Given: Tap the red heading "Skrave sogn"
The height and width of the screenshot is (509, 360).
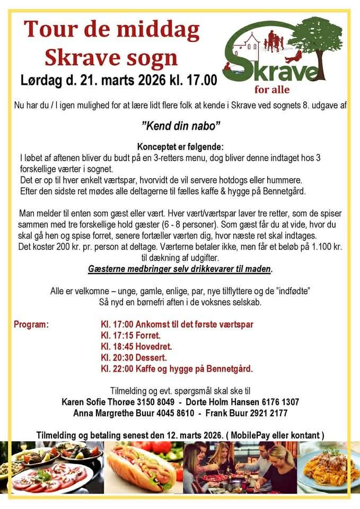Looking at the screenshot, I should tap(111, 57).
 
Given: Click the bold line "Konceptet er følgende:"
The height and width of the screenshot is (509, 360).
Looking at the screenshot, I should tap(180, 146).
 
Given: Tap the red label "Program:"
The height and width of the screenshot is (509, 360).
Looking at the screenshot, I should tap(31, 324).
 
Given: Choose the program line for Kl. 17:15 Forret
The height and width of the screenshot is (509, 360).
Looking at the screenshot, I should tap(130, 336).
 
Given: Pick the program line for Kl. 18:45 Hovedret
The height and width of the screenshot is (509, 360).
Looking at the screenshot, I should tap(136, 347).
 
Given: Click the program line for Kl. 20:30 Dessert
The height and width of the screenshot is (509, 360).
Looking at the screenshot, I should tap(134, 358).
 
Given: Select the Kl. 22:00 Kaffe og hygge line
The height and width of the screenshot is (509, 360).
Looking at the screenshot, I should tap(177, 369).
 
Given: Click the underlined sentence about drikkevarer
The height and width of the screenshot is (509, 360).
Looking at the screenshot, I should tap(180, 269).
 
